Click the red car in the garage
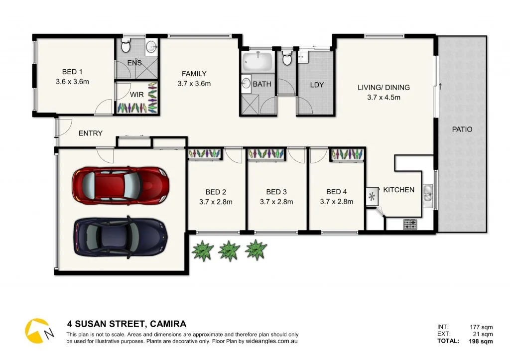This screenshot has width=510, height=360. pyautogui.click(x=120, y=185)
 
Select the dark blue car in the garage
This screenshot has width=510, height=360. pyautogui.click(x=121, y=236)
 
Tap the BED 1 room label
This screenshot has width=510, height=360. pyautogui.click(x=73, y=71)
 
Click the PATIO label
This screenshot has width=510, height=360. pyautogui.click(x=462, y=129)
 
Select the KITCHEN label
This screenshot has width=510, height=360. pyautogui.click(x=398, y=190)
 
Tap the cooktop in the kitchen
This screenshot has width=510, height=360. pyautogui.click(x=410, y=225)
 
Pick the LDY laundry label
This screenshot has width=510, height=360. pyautogui.click(x=317, y=85)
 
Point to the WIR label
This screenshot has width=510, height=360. pyautogui.click(x=137, y=94)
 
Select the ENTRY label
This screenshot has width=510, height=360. pyautogui.click(x=91, y=133)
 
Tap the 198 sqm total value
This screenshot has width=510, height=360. pyautogui.click(x=481, y=341)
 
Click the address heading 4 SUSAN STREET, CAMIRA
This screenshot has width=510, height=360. pyautogui.click(x=127, y=324)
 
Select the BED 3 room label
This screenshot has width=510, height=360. pyautogui.click(x=276, y=192)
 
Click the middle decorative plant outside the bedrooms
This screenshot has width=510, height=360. pyautogui.click(x=229, y=250)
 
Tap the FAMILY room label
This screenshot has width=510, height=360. pyautogui.click(x=194, y=74)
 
